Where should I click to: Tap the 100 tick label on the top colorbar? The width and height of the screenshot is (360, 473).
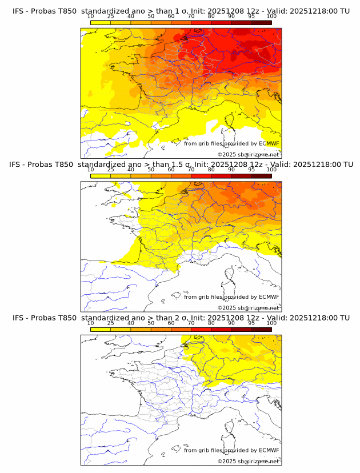click(x=271, y=16)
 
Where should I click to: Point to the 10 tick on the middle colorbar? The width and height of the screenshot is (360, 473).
click(x=90, y=170)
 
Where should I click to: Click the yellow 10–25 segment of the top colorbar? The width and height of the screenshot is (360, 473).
click(x=101, y=22)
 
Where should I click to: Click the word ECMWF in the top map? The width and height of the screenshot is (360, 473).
click(x=269, y=143)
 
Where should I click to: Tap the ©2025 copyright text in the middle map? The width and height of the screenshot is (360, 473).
click(x=226, y=307)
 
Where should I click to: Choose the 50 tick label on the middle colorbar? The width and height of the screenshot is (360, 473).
click(x=151, y=170)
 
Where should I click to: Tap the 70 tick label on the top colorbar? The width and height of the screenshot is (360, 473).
click(x=191, y=16)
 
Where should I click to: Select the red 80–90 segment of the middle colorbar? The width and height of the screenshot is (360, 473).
click(x=221, y=176)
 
